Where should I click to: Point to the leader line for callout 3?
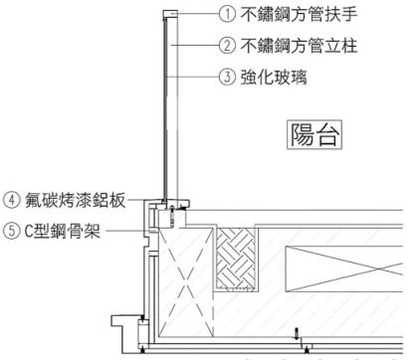click(195, 75)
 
